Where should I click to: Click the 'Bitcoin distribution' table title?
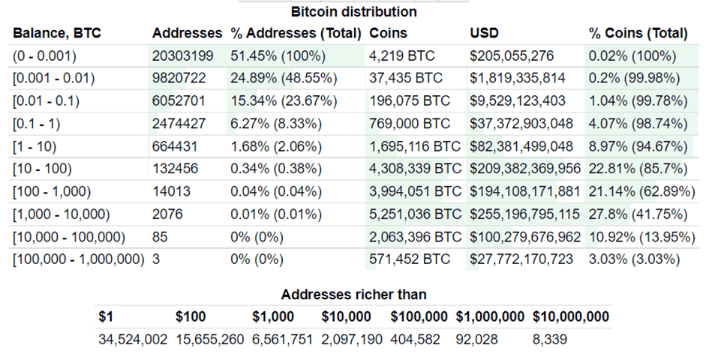pos(353,12)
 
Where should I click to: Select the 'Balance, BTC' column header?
pos(56,33)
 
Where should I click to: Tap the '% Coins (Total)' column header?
pos(638,33)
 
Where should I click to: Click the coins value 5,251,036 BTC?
pos(415,214)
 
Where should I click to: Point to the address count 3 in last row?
pos(156,259)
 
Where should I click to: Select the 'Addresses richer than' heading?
pos(353,295)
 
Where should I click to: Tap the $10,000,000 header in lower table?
pos(571,316)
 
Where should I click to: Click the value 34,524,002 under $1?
pos(133,340)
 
